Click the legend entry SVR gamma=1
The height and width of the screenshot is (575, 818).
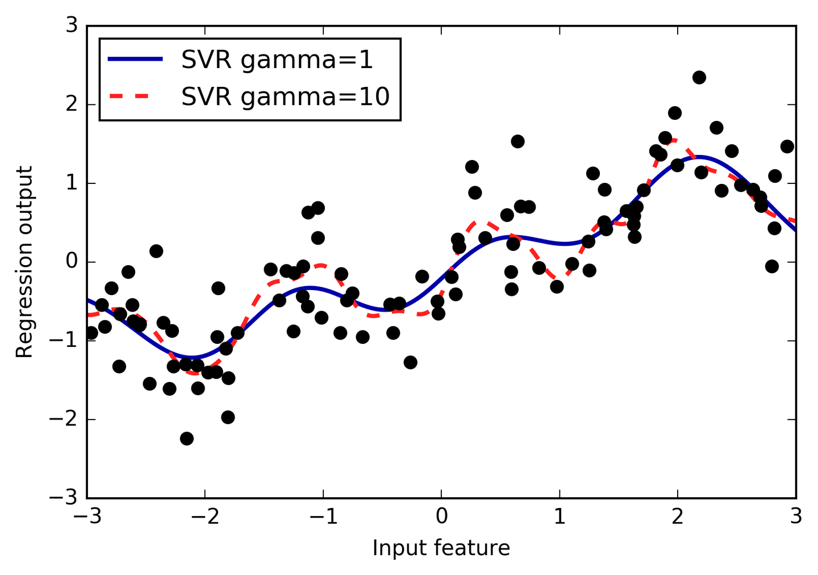point(277,60)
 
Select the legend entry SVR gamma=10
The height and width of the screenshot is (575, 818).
point(285,96)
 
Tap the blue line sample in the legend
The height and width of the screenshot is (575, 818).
point(136,60)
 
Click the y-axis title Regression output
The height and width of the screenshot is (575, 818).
point(24,262)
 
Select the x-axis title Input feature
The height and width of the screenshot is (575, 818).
point(441,548)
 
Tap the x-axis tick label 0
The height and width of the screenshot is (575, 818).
point(441,517)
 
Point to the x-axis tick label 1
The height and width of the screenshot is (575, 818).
point(560,517)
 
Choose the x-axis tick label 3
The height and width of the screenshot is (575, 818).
point(796,517)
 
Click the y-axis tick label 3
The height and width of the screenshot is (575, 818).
point(72,26)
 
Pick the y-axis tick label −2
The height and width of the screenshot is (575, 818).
point(64,420)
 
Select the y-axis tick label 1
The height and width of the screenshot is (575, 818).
point(72,184)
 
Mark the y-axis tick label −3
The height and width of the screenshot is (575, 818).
point(64,498)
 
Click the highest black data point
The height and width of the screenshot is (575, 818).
point(699,77)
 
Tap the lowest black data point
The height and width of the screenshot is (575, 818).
point(186,438)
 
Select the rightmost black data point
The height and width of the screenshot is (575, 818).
point(787,146)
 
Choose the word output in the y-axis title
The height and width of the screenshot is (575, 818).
point(24,208)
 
